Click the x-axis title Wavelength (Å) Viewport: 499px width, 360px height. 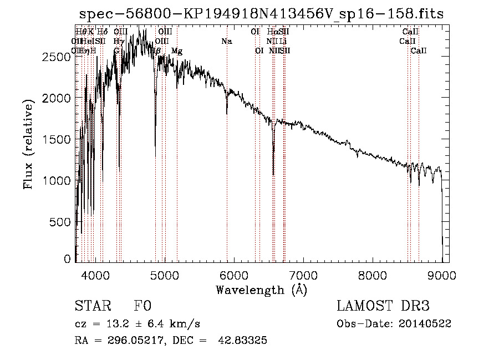pyautogui.click(x=261, y=290)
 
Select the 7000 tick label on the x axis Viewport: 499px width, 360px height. pyautogui.click(x=303, y=275)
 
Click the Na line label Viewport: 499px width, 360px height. pyautogui.click(x=226, y=42)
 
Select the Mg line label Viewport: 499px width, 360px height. pyautogui.click(x=177, y=51)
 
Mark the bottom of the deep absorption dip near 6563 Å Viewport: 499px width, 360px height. pyautogui.click(x=273, y=175)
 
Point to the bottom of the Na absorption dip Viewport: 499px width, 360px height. pyautogui.click(x=227, y=113)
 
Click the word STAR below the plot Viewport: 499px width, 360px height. pyautogui.click(x=92, y=306)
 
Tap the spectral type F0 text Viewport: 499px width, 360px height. pyautogui.click(x=142, y=306)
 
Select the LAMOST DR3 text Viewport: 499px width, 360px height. pyautogui.click(x=383, y=306)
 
